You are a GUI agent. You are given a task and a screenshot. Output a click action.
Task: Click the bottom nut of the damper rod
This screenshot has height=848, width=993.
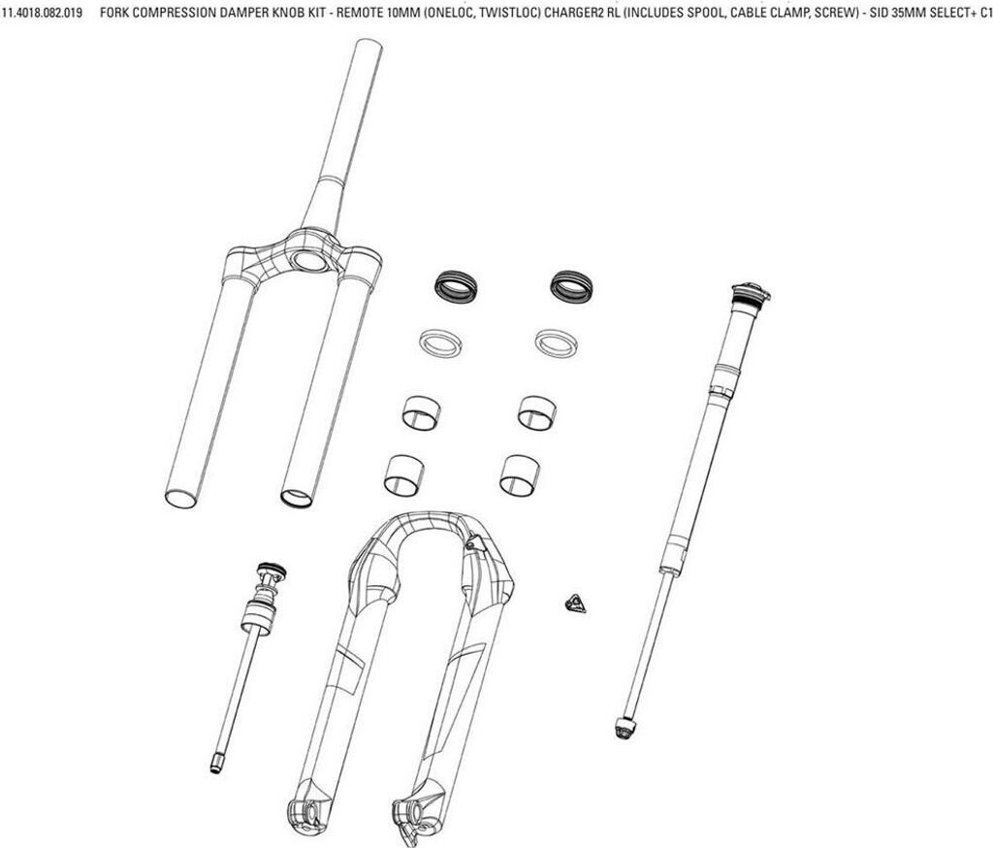tap(624, 728)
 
